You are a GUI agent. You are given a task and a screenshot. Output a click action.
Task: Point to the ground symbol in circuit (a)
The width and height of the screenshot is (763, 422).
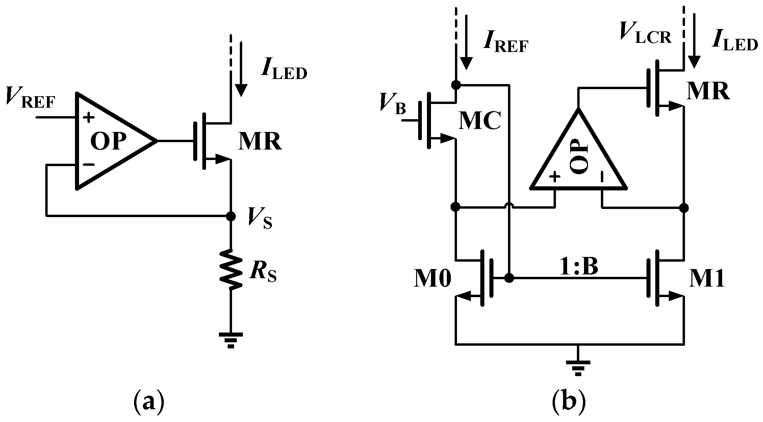click(231, 339)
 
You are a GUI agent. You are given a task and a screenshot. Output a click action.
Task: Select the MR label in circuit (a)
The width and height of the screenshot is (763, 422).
click(259, 142)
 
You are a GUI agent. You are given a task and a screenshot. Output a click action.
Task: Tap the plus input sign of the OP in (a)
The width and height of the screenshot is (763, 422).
click(89, 118)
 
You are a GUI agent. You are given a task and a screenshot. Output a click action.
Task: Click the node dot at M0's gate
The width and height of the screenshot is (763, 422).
click(509, 278)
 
